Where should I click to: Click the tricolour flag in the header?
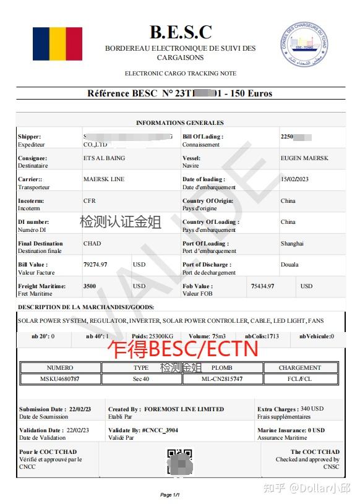tap(57, 43)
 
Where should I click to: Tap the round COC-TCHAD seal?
tap(303, 45)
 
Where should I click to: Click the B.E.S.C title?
tap(180, 32)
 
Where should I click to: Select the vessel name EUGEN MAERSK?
tap(304, 158)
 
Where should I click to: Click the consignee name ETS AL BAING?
tap(104, 158)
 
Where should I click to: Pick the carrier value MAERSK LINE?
tap(104, 179)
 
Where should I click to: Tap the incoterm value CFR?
tap(90, 201)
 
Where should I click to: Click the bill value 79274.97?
tap(95, 265)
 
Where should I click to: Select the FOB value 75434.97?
tap(262, 286)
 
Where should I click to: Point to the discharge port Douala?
tap(289, 265)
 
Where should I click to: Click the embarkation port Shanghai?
tap(292, 244)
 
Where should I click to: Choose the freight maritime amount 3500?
tap(90, 286)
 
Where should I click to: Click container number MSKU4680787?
tap(60, 378)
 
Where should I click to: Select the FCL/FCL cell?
tap(299, 378)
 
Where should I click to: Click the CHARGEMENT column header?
tap(299, 367)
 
